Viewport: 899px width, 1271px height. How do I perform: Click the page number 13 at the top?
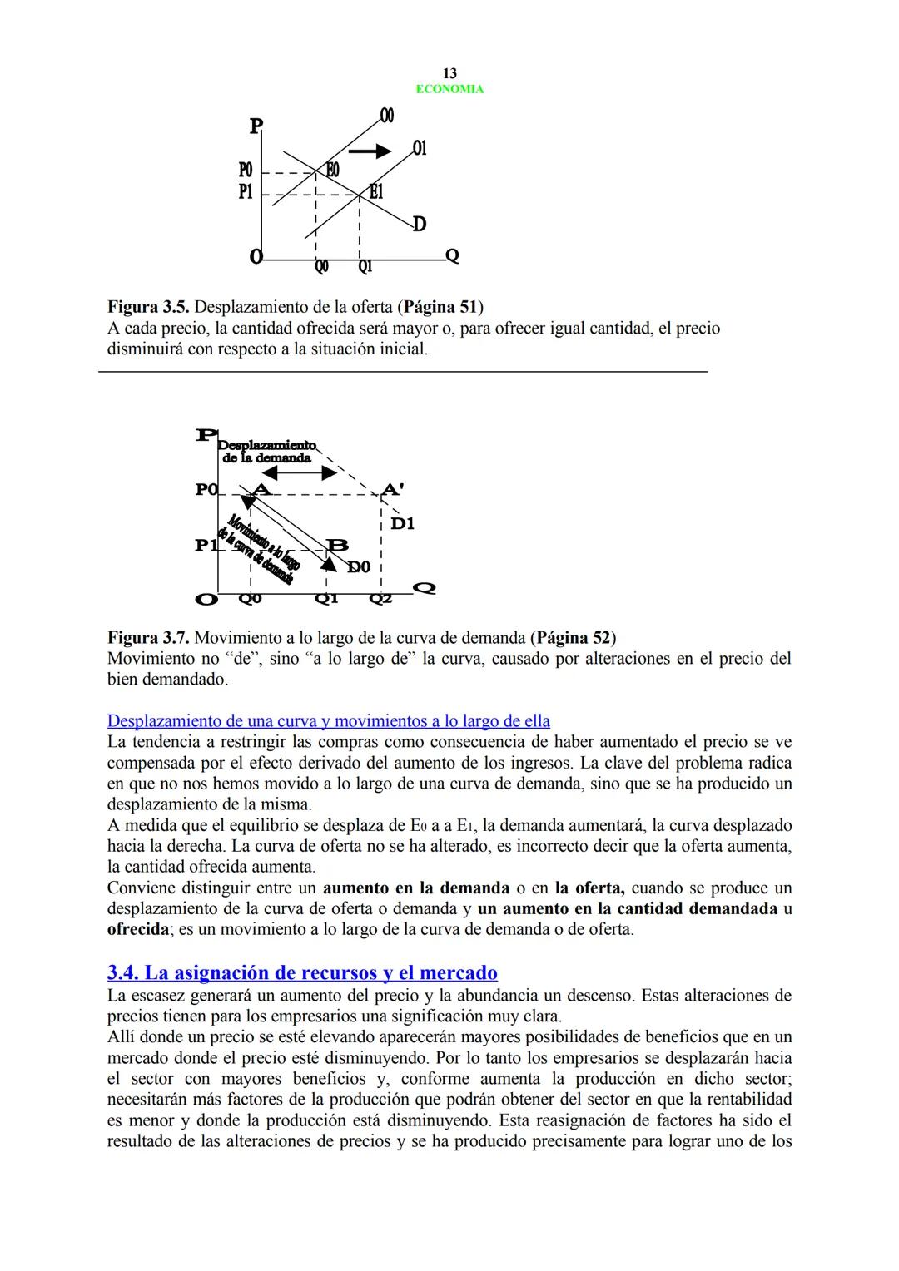[449, 73]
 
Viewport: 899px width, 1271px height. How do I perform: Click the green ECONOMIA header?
[449, 89]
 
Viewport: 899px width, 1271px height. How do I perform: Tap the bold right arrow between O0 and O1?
[370, 151]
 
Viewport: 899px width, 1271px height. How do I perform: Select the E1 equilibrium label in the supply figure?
[376, 192]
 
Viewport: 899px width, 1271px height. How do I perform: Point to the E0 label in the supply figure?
[331, 170]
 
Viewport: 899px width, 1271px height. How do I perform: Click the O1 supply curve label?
[420, 148]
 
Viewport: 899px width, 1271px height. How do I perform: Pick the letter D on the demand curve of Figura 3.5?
[420, 224]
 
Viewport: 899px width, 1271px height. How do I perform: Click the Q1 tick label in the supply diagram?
[365, 268]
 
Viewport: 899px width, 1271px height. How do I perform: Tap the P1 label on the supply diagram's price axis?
[246, 191]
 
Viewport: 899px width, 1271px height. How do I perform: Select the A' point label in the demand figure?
[391, 489]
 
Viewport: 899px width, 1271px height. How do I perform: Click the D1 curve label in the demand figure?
[402, 524]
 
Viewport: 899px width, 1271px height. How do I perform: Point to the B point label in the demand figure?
[338, 545]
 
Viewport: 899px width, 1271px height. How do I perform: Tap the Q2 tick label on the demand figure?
[380, 598]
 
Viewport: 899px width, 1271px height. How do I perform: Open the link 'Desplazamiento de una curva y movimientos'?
[328, 720]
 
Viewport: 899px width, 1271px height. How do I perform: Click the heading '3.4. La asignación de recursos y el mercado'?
[302, 972]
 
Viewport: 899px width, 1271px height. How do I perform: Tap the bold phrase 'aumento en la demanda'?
[415, 888]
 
